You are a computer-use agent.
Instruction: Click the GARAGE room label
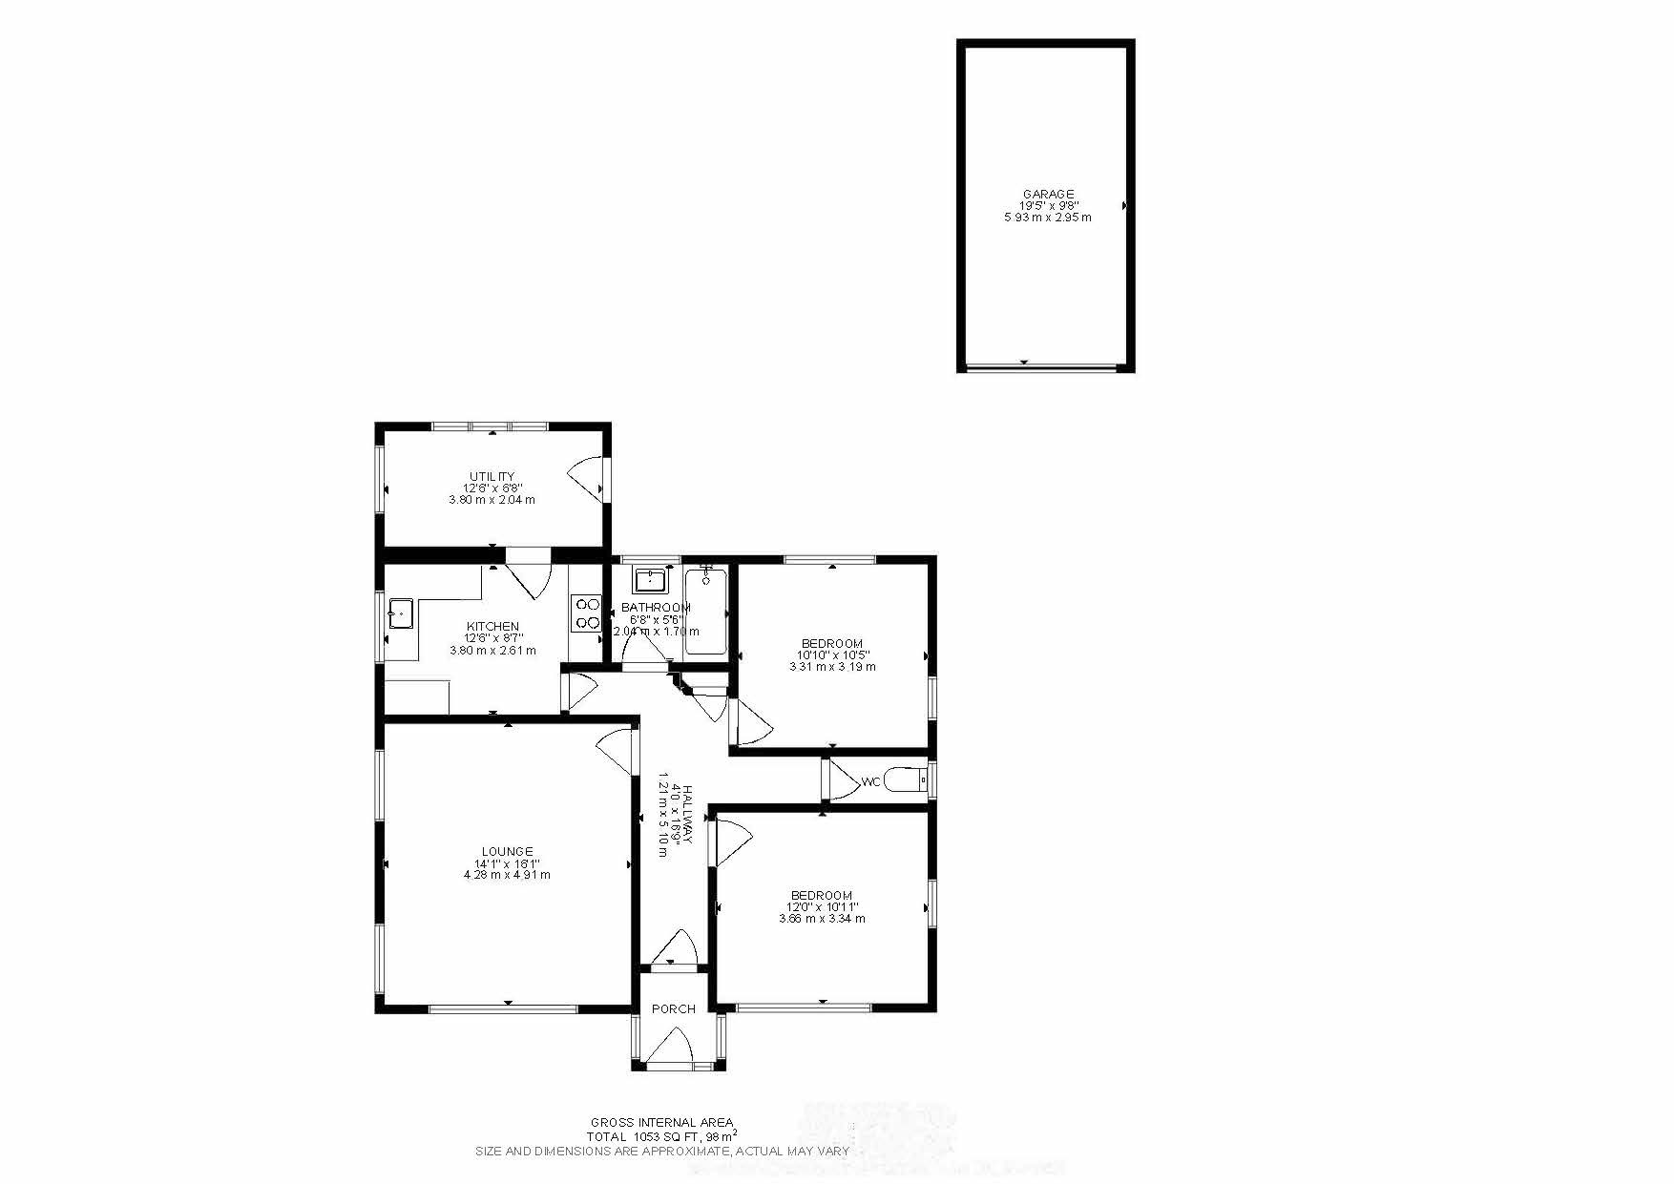point(1048,194)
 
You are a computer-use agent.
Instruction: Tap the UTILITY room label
point(492,476)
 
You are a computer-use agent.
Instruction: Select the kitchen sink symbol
point(400,614)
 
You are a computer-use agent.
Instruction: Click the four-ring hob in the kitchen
point(586,613)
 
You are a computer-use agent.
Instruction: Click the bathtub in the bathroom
point(705,612)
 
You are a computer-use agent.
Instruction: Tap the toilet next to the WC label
point(907,780)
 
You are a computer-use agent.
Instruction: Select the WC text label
point(870,782)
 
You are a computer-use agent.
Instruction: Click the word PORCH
point(673,1008)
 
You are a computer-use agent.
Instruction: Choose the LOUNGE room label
point(507,851)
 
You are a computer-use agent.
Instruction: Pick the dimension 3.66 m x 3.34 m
point(822,919)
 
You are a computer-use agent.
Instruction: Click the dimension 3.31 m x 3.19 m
point(832,667)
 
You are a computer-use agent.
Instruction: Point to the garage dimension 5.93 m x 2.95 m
point(1048,218)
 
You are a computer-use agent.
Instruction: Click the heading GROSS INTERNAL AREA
point(661,1123)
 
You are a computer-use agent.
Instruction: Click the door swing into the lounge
point(617,751)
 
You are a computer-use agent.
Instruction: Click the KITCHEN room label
point(492,627)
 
